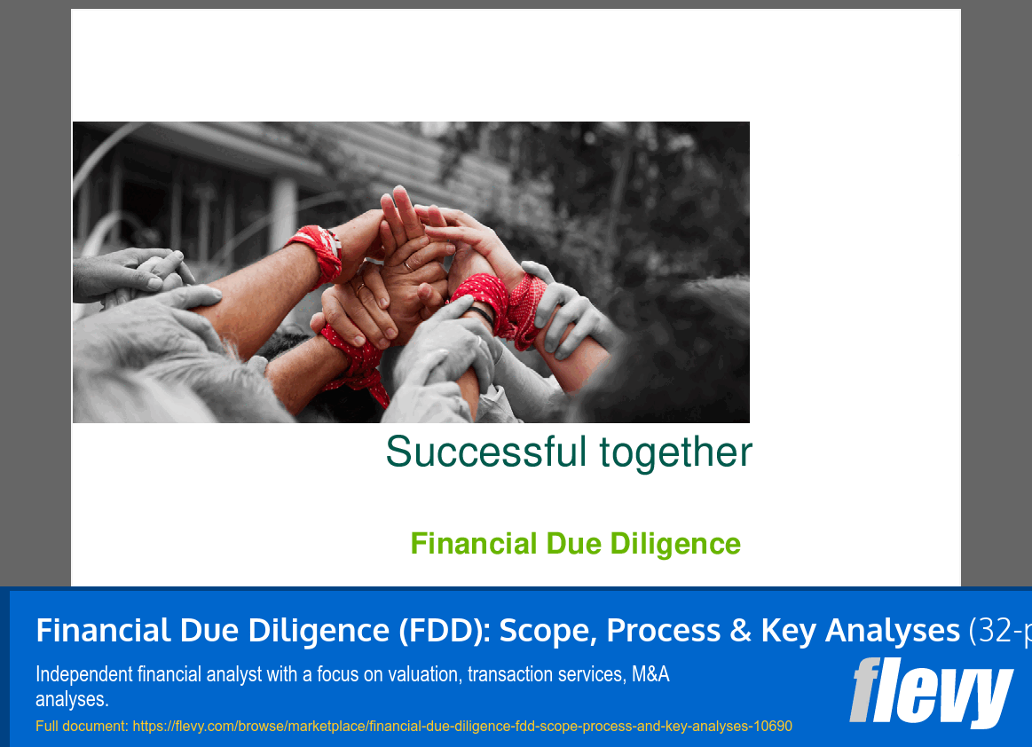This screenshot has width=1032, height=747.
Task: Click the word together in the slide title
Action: pos(675,452)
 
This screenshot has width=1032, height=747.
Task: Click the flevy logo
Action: pos(931,694)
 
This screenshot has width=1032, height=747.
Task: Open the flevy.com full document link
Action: pos(462,726)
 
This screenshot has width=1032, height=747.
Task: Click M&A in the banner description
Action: pos(650,674)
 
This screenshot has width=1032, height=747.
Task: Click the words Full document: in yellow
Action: pos(83,726)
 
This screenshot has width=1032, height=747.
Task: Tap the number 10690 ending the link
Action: pos(772,726)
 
